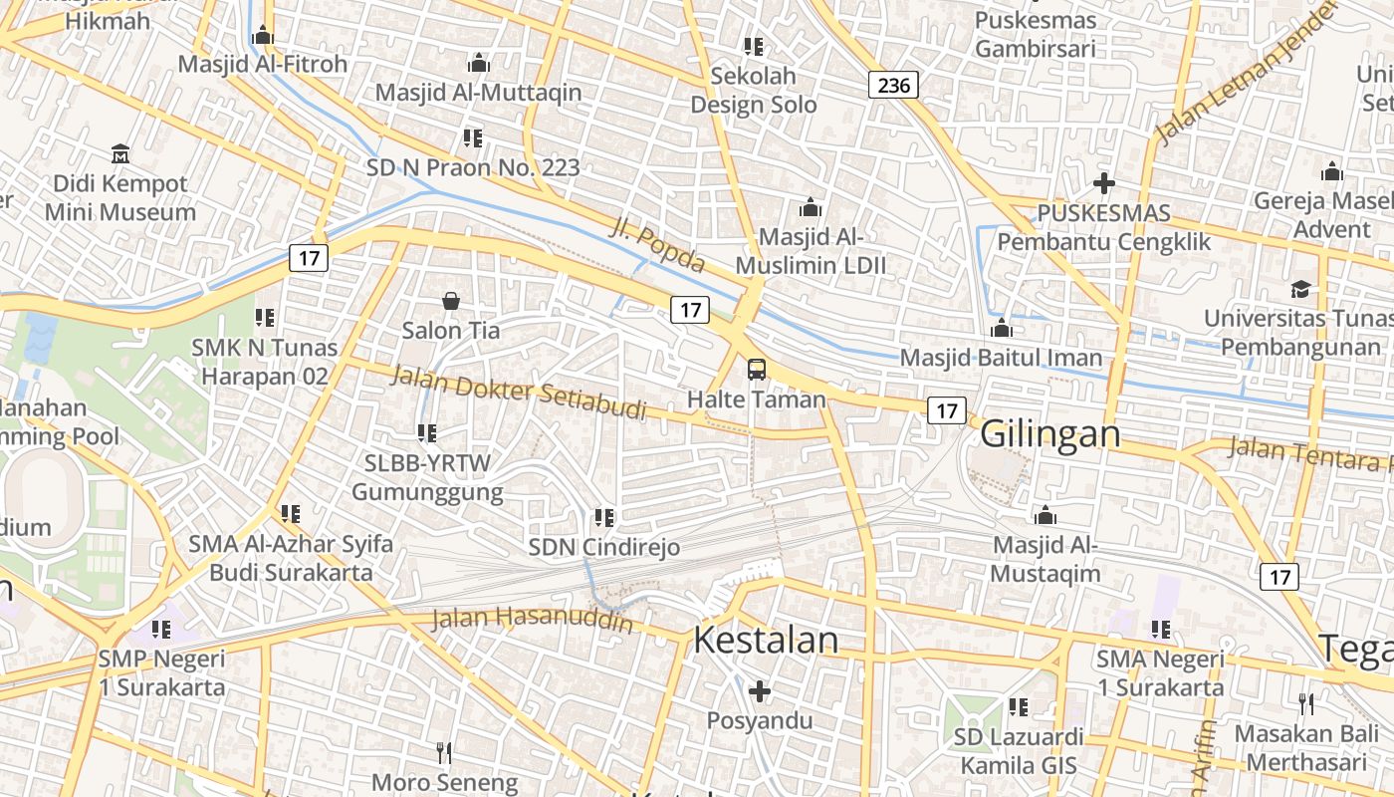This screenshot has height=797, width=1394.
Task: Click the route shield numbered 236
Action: click(x=893, y=85)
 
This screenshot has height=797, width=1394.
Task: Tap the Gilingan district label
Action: click(x=1050, y=434)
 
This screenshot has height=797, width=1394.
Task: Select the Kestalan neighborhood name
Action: click(x=766, y=640)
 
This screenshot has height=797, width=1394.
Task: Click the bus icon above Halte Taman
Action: click(x=757, y=370)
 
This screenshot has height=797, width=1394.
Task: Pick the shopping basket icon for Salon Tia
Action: click(x=451, y=300)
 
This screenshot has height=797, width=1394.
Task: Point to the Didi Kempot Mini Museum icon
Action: click(x=120, y=154)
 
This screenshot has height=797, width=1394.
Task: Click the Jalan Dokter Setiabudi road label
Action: click(x=518, y=393)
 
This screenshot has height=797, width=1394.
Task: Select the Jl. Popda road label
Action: click(x=656, y=247)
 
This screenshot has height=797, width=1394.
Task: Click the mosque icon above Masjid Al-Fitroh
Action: click(x=263, y=36)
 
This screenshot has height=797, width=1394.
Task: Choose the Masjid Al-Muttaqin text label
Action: click(x=478, y=93)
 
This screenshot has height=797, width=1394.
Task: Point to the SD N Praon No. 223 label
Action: click(x=473, y=167)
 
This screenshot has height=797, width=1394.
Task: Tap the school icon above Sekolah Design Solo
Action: click(x=754, y=47)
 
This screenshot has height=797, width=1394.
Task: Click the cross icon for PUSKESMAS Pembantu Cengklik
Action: click(x=1103, y=183)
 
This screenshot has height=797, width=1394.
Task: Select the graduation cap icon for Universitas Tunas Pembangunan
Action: click(x=1300, y=289)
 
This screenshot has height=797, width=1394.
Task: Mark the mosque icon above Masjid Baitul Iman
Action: click(x=1002, y=328)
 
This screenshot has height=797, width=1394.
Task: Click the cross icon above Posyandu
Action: click(x=760, y=690)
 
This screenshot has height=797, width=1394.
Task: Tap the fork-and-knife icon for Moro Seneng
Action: click(x=444, y=752)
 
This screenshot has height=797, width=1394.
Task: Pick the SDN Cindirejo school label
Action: click(x=604, y=547)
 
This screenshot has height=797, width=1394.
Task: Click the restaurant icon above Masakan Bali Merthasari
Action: click(x=1306, y=703)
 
